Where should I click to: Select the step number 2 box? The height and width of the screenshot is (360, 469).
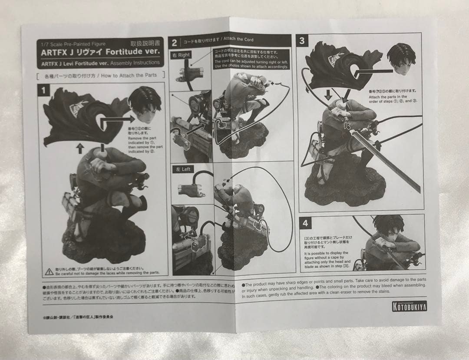[174, 42]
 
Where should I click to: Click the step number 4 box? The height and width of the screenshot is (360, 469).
[306, 223]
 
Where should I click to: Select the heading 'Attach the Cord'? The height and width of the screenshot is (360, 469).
[237, 40]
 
